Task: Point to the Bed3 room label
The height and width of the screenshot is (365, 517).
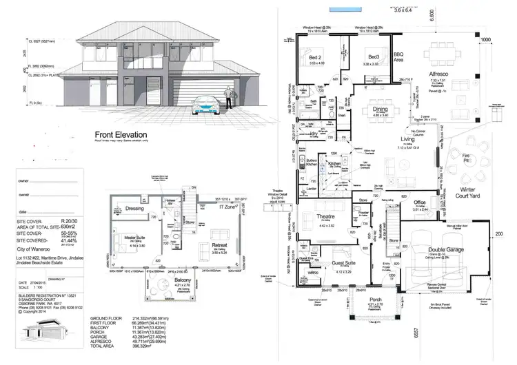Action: coord(374,57)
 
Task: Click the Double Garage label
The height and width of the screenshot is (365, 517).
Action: coord(446,250)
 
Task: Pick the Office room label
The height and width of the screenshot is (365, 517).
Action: coord(420,202)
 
